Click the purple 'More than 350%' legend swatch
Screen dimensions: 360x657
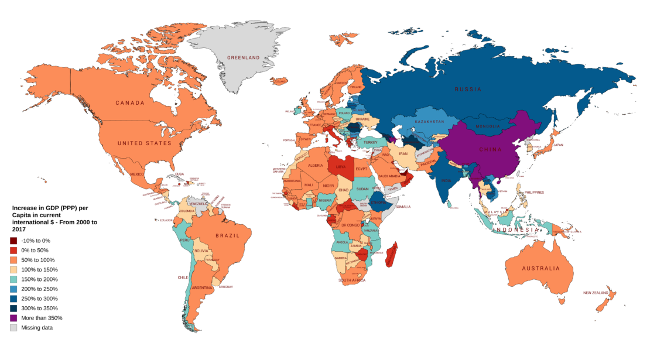click(x=13, y=318)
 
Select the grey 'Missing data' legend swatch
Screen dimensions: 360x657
click(x=13, y=328)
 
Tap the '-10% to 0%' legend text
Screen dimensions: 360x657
click(x=37, y=241)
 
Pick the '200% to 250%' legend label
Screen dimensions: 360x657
click(x=40, y=289)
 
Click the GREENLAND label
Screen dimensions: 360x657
click(x=243, y=59)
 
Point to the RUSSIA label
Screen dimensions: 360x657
click(x=468, y=90)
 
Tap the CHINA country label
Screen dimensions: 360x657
click(x=490, y=150)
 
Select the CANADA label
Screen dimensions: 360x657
click(x=129, y=103)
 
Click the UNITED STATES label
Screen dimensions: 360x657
click(x=145, y=143)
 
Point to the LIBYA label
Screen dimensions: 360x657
click(x=341, y=167)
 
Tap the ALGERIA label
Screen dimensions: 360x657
click(x=316, y=166)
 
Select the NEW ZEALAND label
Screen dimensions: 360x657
click(x=597, y=293)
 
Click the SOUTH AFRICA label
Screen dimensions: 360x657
click(x=351, y=280)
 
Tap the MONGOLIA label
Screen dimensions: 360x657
click(x=487, y=126)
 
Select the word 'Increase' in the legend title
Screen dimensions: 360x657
click(x=25, y=208)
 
